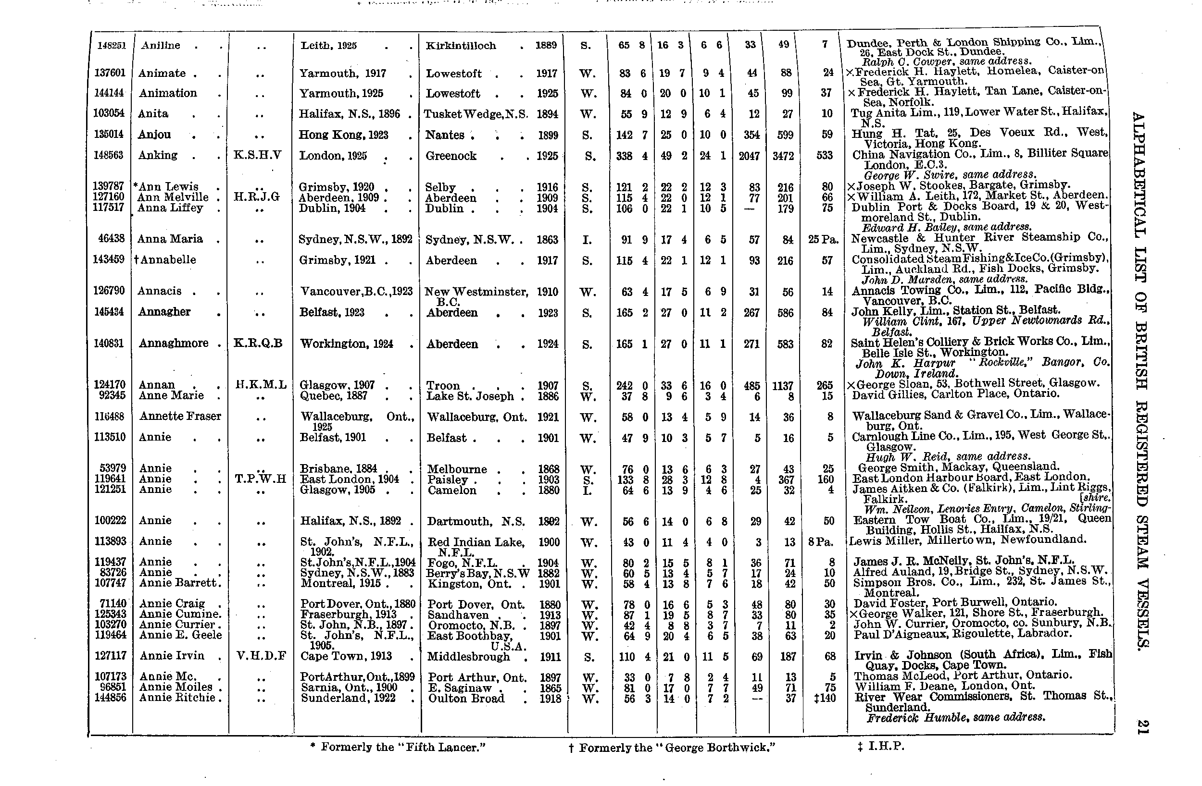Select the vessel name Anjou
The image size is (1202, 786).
click(x=154, y=134)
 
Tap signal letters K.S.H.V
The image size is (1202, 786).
click(x=257, y=155)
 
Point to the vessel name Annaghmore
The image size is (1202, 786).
click(x=173, y=344)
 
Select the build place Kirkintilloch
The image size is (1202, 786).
click(x=461, y=46)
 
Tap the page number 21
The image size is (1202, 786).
click(x=1142, y=727)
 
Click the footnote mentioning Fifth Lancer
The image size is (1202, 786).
click(x=398, y=747)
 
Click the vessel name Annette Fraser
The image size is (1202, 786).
click(x=180, y=416)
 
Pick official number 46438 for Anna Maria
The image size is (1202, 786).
click(x=109, y=239)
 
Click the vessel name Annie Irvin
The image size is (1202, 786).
click(x=172, y=656)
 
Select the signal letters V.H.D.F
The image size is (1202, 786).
click(x=261, y=656)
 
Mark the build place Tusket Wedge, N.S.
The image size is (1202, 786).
click(x=476, y=114)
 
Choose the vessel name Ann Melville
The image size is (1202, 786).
click(x=173, y=197)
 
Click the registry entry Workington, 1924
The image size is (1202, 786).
click(x=347, y=344)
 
